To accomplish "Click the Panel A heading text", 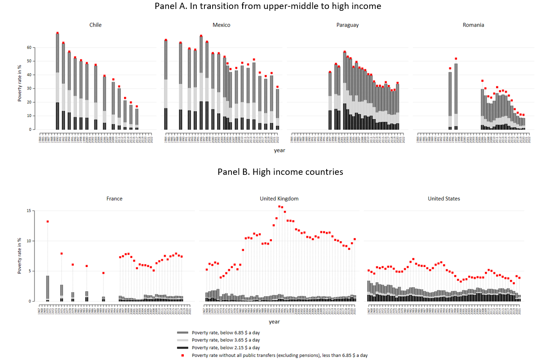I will tap(268, 6).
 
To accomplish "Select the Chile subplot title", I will tap(95, 25).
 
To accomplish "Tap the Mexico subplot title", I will tap(221, 25).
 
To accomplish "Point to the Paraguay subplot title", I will tap(347, 25).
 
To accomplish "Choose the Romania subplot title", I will tap(473, 25).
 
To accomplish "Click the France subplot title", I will tap(114, 198).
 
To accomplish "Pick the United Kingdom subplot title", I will tap(279, 198).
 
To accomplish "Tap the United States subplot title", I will tap(444, 198).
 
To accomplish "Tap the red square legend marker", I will tap(182, 356).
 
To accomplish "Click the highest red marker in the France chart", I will tap(47, 222).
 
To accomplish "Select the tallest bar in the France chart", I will tap(47, 288).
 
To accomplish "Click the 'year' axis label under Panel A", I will tap(279, 151).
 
